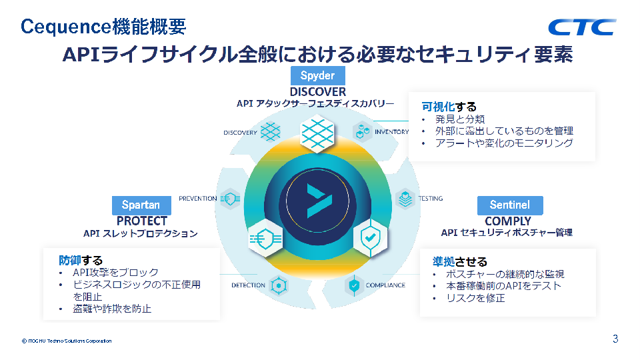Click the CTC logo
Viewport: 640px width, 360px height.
581,27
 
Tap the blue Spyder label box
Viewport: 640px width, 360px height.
317,75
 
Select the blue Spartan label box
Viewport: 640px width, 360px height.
141,205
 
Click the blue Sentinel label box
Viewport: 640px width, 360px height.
510,205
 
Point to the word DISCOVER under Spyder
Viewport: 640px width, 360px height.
317,92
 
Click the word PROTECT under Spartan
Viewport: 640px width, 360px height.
141,221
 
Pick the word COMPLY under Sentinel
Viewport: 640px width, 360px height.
508,221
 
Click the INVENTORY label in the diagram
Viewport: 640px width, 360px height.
391,132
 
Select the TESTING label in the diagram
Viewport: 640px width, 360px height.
431,199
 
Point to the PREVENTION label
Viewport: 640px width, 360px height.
198,199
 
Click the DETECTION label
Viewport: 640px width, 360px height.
248,285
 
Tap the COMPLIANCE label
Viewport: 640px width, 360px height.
385,285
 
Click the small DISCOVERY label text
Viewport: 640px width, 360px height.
240,133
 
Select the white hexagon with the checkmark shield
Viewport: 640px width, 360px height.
370,237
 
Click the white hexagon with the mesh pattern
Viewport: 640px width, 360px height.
317,134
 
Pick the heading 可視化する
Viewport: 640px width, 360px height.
449,107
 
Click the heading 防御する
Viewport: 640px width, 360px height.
81,261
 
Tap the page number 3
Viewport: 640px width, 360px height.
615,339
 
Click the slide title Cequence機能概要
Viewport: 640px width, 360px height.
104,27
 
